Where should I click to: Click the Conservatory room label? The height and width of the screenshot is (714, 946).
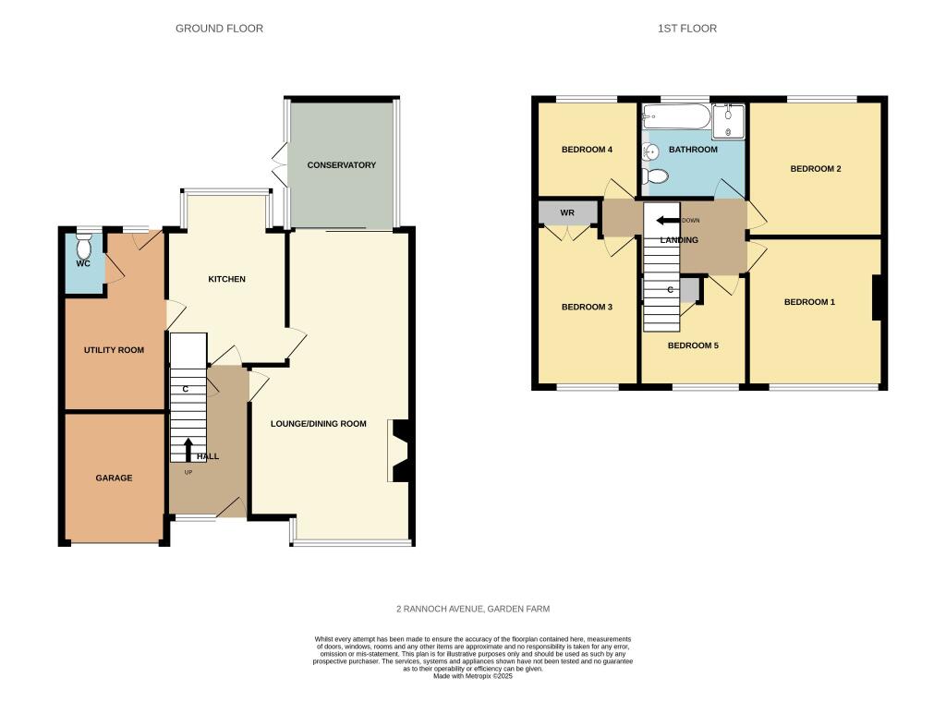point(342,165)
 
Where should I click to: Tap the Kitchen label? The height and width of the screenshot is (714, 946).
point(227,279)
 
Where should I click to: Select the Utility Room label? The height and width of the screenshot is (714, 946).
point(114,350)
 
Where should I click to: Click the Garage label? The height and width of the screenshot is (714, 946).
point(114,478)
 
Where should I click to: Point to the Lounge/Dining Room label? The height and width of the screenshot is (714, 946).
point(319,424)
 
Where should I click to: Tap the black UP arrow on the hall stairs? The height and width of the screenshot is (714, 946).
point(188,450)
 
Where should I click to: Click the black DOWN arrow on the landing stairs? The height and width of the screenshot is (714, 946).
point(669,220)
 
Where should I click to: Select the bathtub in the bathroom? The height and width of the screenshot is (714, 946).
point(675,115)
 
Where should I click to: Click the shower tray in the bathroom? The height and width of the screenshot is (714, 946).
point(728,122)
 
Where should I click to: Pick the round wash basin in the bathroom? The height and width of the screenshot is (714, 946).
point(649,152)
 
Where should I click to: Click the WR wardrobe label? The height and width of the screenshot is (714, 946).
point(567,212)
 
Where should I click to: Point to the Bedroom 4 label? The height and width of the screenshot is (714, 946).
point(587,150)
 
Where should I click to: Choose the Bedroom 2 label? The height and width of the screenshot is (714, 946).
point(816,169)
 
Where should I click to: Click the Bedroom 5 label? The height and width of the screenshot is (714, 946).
point(693,345)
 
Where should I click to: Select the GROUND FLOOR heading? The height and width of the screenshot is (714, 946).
point(219,29)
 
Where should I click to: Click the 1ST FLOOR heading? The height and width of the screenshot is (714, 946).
point(687,29)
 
